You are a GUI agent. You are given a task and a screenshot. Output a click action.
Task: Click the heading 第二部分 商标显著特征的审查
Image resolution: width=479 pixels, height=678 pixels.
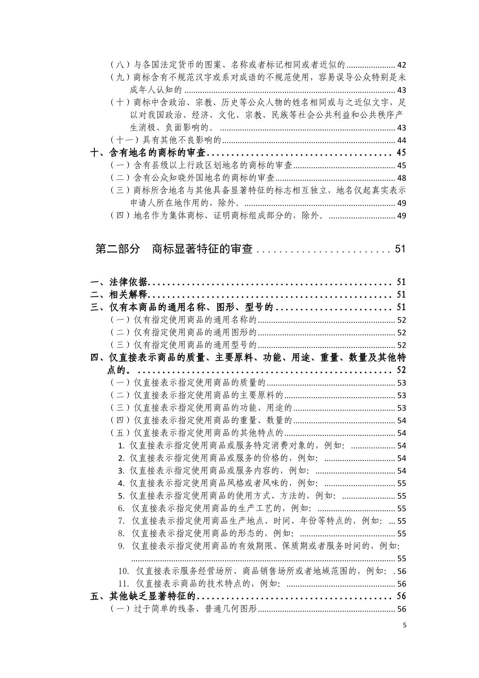(174, 249)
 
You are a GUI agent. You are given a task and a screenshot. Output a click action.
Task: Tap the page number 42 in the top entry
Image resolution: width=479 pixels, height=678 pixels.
(401, 65)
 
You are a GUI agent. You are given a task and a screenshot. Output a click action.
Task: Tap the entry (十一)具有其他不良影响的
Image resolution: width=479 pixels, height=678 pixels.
(165, 140)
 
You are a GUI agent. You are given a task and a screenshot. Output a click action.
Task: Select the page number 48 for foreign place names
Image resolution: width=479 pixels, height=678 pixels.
(401, 178)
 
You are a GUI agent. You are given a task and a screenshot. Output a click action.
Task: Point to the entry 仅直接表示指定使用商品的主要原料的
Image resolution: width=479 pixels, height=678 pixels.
(208, 395)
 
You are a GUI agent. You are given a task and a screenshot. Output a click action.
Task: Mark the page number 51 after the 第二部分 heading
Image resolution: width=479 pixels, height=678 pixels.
(400, 249)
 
